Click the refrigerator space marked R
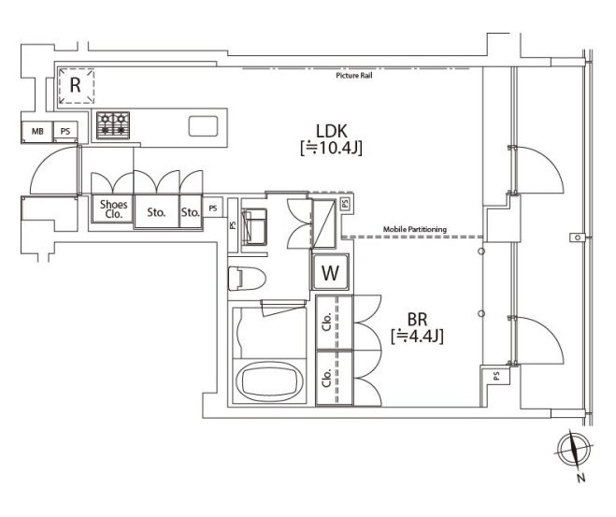pyautogui.click(x=77, y=86)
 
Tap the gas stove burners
pyautogui.click(x=113, y=125)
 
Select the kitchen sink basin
pyautogui.click(x=203, y=126)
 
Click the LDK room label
pyautogui.click(x=331, y=131)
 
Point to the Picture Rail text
pyautogui.click(x=354, y=76)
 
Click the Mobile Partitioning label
pyautogui.click(x=415, y=229)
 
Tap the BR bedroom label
pyautogui.click(x=417, y=320)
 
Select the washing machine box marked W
pyautogui.click(x=330, y=272)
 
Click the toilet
pyautogui.click(x=247, y=279)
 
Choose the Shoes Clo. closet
pyautogui.click(x=113, y=208)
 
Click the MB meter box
pyautogui.click(x=37, y=131)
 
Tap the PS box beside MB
pyautogui.click(x=65, y=131)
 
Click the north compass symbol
pyautogui.click(x=574, y=451)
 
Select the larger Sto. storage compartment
pyautogui.click(x=156, y=211)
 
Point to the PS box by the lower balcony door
pyautogui.click(x=495, y=376)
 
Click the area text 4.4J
pyautogui.click(x=423, y=336)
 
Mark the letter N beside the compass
pyautogui.click(x=581, y=478)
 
